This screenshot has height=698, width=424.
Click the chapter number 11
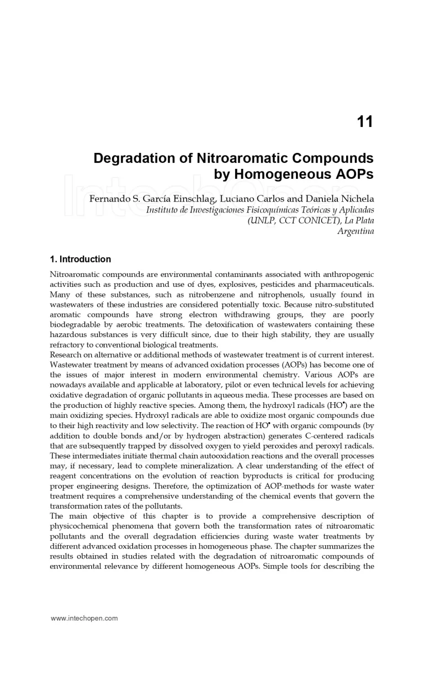[365, 121]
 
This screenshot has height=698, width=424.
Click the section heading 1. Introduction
[80, 259]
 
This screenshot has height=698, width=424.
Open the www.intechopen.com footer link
[84, 618]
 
